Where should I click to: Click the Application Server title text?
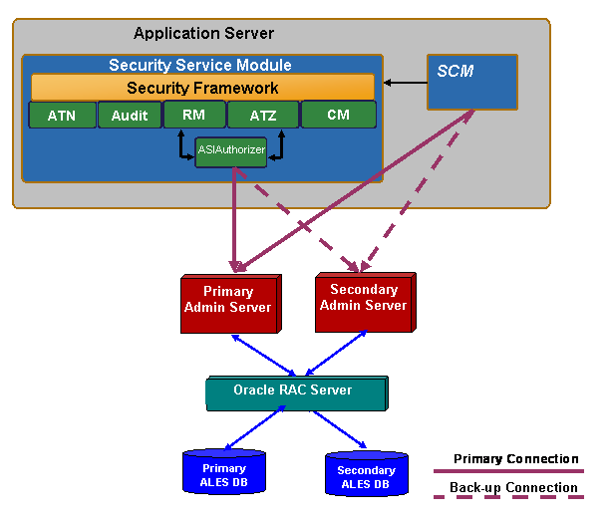(203, 34)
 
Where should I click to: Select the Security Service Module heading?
(200, 65)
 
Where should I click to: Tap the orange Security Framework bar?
(202, 88)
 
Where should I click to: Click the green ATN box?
(61, 116)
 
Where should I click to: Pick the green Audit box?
(130, 116)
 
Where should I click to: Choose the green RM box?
(193, 115)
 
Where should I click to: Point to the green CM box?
(338, 115)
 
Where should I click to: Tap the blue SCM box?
(471, 82)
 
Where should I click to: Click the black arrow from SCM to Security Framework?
(405, 82)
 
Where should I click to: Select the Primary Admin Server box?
(228, 301)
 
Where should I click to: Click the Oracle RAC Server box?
(293, 391)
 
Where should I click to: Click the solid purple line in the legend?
(508, 470)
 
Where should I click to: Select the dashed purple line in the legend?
(508, 496)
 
